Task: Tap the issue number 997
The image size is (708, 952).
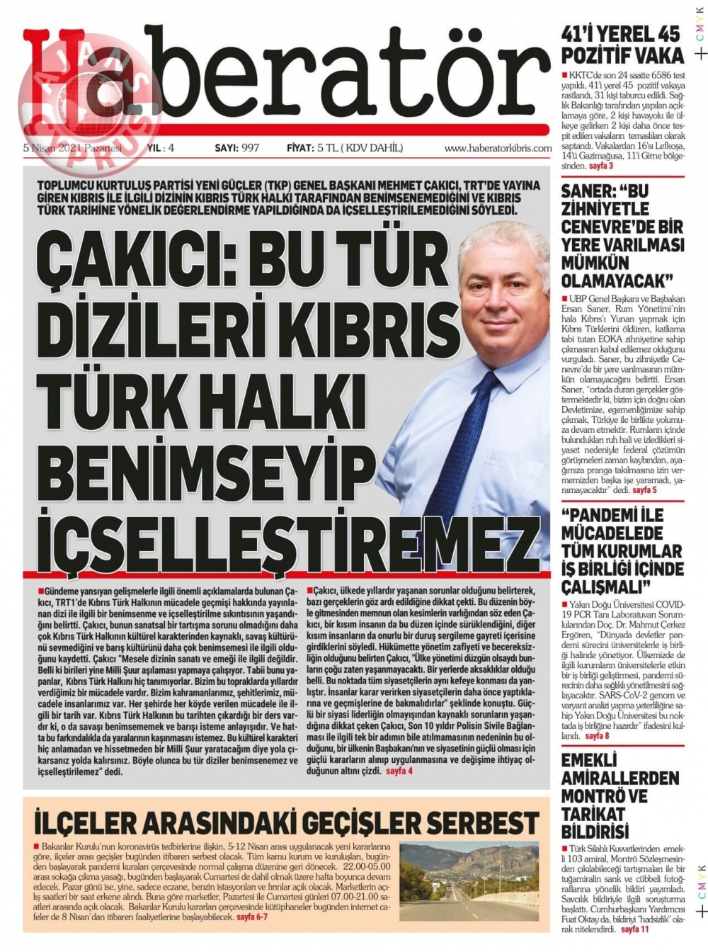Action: click(250, 148)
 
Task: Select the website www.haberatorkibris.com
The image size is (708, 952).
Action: click(498, 149)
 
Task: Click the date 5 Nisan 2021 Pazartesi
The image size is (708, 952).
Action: click(73, 148)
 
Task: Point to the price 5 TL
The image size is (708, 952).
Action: click(326, 148)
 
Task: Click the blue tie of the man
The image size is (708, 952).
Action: click(495, 425)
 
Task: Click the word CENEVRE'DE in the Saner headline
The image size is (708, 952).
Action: click(622, 227)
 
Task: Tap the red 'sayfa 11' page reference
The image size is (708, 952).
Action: click(634, 929)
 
